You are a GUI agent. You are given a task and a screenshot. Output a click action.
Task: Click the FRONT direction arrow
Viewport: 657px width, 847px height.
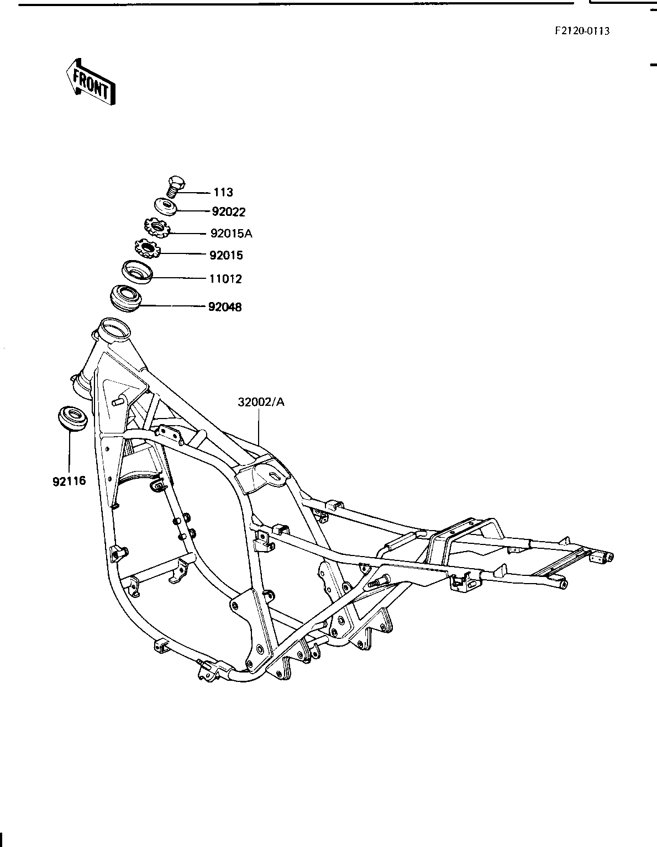91,82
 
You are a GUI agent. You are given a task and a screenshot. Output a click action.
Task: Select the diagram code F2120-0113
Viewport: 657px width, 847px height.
582,31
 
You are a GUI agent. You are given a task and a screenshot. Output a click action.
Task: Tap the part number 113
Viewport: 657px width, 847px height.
223,192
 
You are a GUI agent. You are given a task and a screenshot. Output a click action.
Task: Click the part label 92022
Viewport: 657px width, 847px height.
229,212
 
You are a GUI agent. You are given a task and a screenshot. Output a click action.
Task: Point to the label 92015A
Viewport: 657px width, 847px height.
231,234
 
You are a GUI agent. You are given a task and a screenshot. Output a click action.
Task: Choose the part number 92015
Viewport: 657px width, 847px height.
226,255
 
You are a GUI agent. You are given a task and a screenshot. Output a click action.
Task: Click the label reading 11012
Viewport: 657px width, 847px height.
226,279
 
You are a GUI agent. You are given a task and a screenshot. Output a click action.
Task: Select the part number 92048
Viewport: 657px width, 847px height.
225,307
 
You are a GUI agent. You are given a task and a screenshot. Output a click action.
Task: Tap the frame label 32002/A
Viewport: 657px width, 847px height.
261,402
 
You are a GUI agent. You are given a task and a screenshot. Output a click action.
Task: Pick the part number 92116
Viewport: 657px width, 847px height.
69,481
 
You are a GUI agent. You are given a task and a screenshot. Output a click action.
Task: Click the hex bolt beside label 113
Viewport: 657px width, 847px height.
176,187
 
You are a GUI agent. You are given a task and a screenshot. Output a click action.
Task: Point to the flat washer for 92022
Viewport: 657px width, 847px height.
166,205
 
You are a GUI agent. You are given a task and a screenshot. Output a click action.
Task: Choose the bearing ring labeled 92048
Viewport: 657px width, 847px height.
125,299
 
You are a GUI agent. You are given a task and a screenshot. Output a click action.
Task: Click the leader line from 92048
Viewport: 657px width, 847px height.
173,307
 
